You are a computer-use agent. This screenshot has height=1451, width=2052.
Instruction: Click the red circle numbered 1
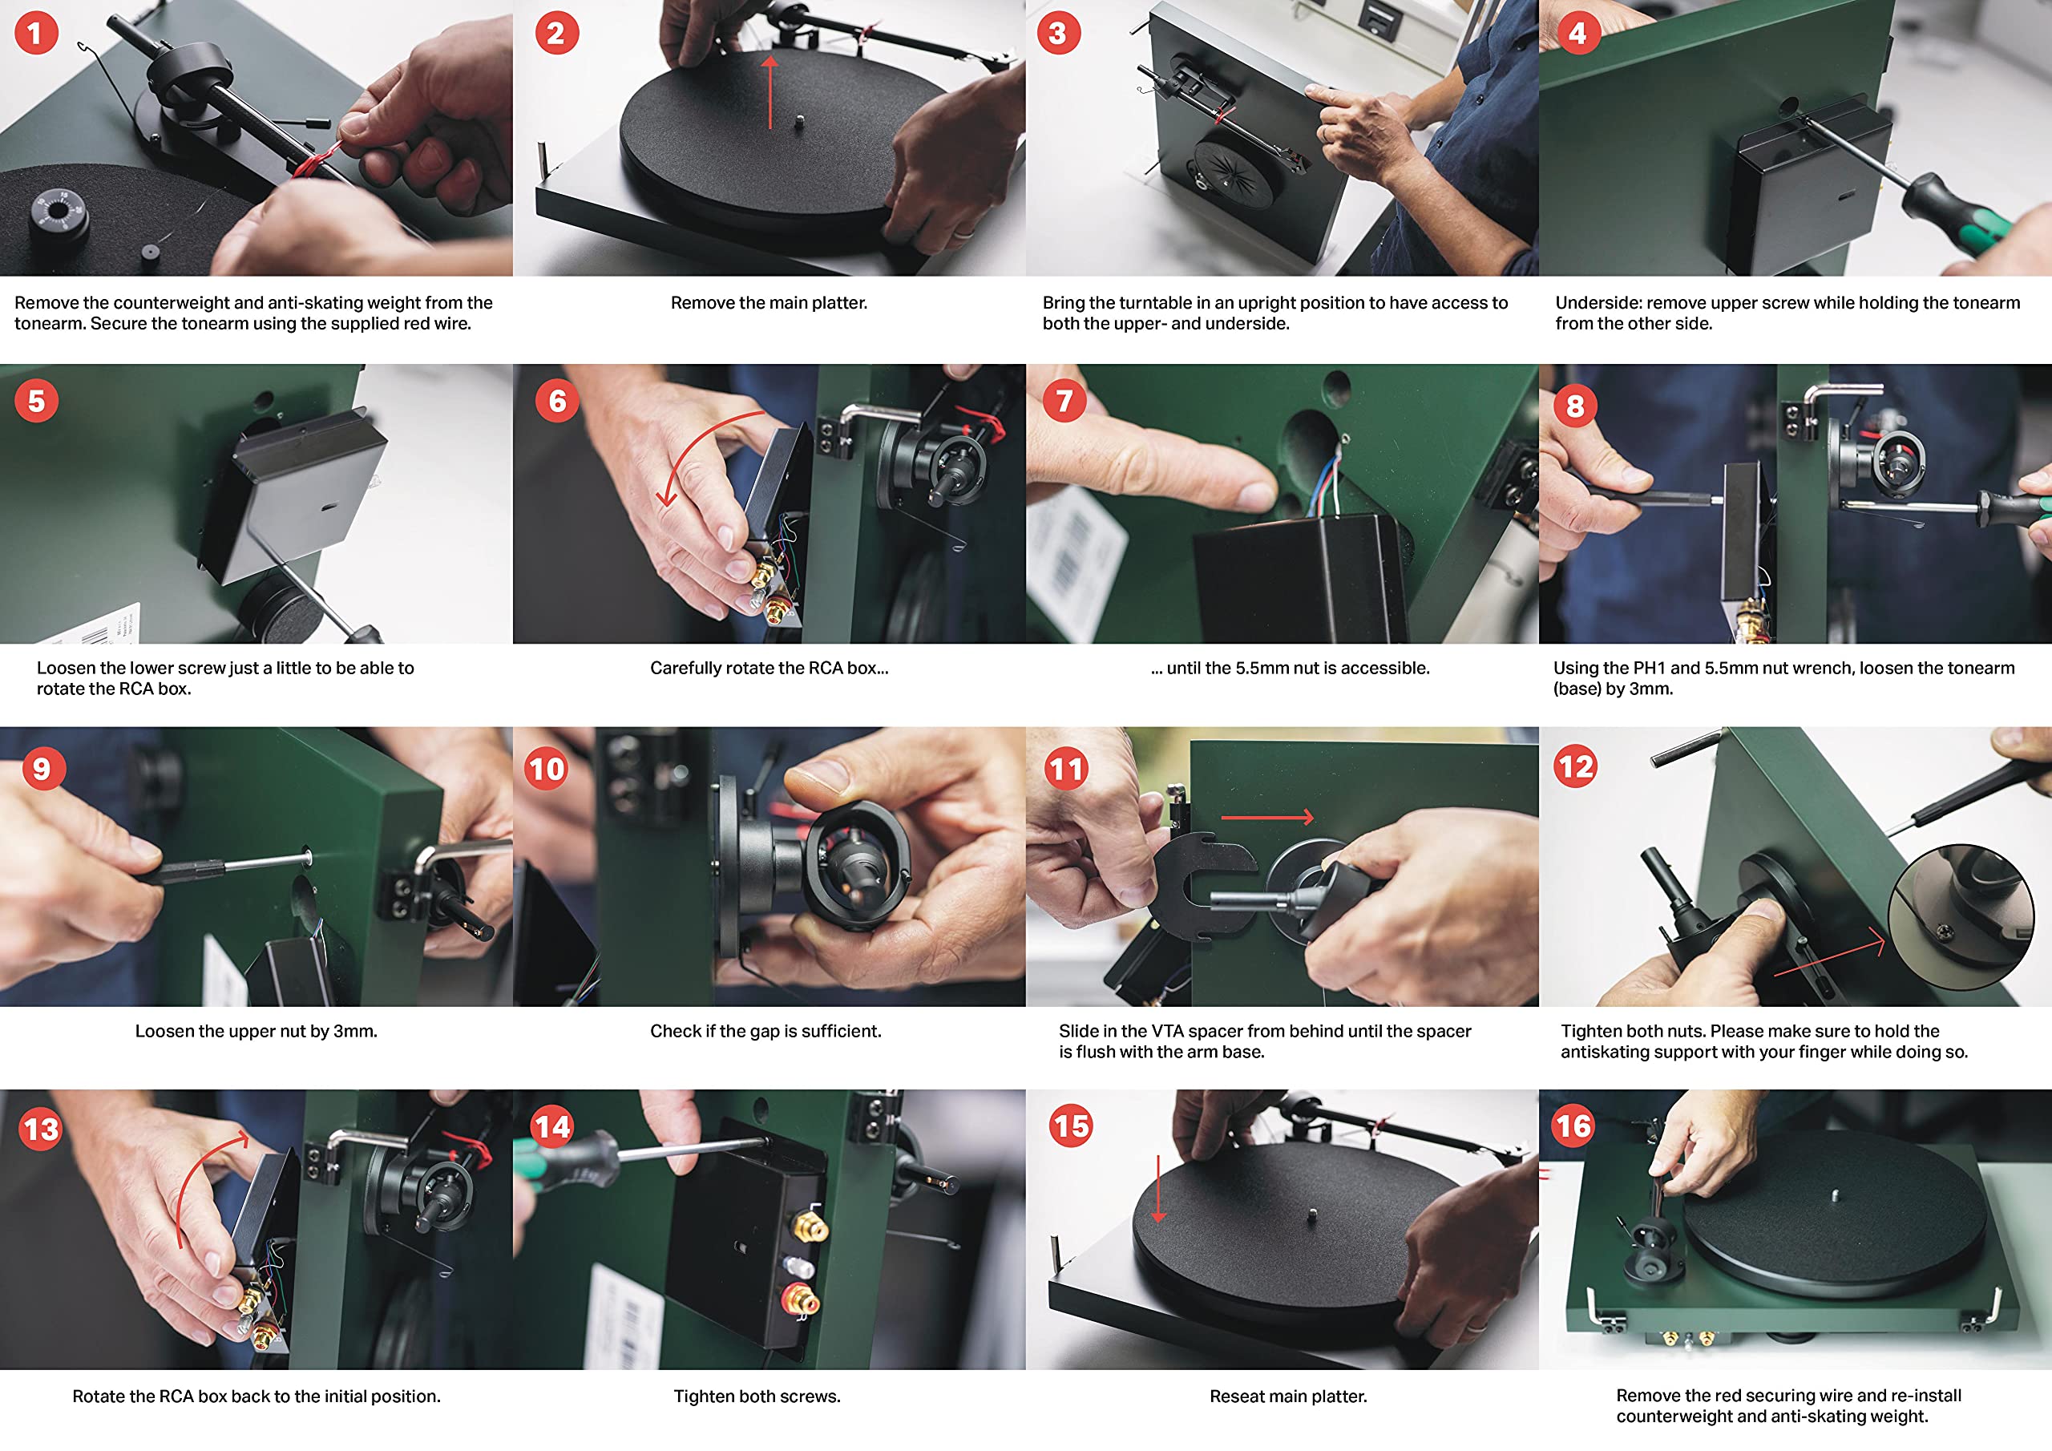click(x=36, y=33)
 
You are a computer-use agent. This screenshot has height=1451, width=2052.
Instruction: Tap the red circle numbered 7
click(x=1064, y=401)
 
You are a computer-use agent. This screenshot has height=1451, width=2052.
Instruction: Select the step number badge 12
click(x=1575, y=767)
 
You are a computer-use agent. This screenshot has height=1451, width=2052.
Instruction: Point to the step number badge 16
click(x=1573, y=1126)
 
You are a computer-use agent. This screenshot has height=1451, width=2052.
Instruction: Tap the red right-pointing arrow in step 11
click(x=1267, y=817)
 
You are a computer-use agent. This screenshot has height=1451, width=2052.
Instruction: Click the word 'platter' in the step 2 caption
click(x=838, y=303)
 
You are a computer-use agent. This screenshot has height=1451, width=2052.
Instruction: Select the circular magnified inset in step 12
click(x=1959, y=916)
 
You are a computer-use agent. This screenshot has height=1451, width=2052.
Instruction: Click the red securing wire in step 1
click(x=317, y=163)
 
